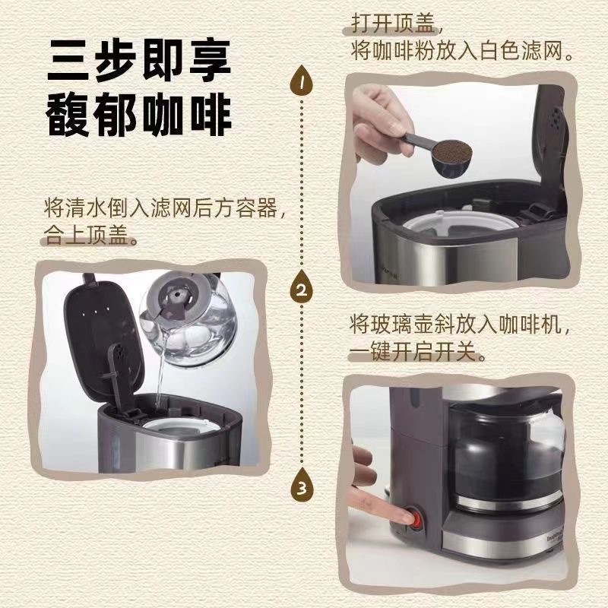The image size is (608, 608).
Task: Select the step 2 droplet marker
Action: [x=302, y=287]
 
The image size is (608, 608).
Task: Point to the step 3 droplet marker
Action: [x=302, y=485]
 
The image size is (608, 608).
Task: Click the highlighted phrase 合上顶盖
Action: [x=85, y=235]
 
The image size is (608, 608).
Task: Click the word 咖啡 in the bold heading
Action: [x=188, y=115]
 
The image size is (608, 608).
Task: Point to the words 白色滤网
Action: [x=521, y=51]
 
